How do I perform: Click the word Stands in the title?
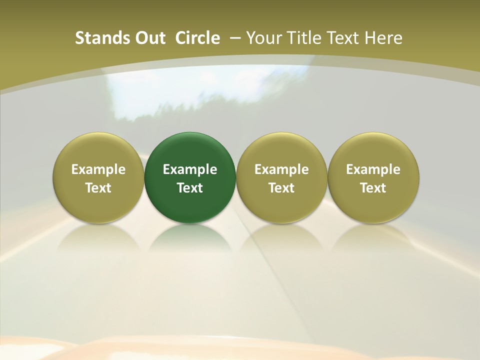[x=95, y=38]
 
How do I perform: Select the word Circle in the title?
[x=197, y=38]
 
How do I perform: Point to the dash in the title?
[x=234, y=38]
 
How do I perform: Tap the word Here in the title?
[x=383, y=38]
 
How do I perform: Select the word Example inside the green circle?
[x=190, y=169]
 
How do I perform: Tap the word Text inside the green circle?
[x=190, y=188]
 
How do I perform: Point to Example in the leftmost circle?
[x=98, y=169]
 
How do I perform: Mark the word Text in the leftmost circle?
[x=98, y=188]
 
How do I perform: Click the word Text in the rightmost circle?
[x=373, y=188]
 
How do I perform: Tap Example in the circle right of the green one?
[x=281, y=169]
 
